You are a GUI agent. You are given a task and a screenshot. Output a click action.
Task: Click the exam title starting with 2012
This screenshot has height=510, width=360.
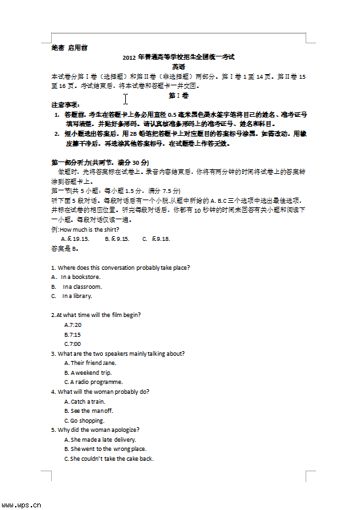coord(178,57)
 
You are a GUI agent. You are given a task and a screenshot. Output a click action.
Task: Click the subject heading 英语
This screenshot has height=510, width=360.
coord(178,66)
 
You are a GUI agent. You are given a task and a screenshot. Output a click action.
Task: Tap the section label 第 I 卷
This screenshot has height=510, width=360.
coord(178,95)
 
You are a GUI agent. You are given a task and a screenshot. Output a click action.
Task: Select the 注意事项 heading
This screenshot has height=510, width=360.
coord(65,104)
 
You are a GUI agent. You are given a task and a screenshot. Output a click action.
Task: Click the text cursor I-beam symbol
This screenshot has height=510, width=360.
coord(125,99)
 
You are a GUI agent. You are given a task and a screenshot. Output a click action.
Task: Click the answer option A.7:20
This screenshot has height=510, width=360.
coord(73,325)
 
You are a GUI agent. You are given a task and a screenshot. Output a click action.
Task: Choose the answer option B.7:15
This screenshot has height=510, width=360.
coord(73,334)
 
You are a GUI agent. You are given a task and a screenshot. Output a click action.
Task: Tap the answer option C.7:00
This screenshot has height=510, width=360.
coord(73,344)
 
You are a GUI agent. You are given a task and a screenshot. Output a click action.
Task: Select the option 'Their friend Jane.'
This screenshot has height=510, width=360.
coord(90,363)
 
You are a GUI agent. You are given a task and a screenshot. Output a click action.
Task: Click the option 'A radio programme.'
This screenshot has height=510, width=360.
coord(93,382)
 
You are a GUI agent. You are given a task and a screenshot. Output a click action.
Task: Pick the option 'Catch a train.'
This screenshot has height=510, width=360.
coord(85,402)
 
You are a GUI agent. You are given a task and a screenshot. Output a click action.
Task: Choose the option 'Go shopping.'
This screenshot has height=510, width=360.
coord(84,421)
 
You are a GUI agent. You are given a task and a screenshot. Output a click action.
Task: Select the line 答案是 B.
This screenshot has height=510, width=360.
coord(64,249)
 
